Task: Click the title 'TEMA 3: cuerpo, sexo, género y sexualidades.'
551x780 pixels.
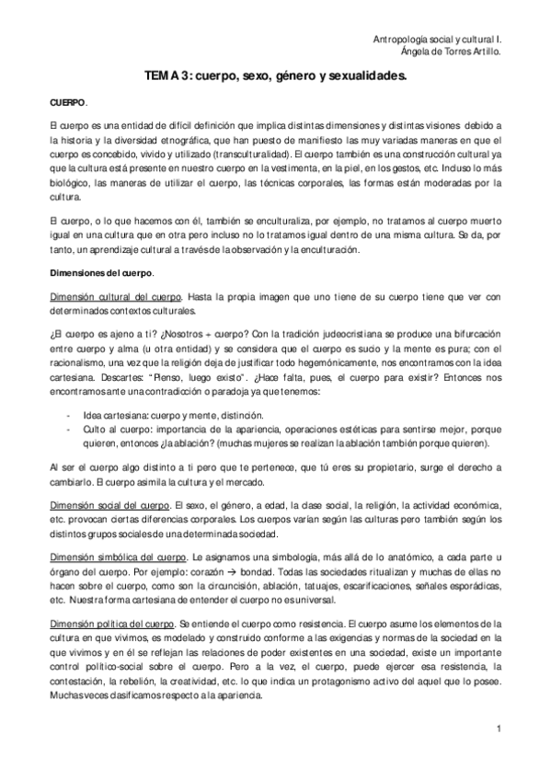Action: point(275,80)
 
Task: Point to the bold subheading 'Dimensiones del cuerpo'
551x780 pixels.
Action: point(100,274)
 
